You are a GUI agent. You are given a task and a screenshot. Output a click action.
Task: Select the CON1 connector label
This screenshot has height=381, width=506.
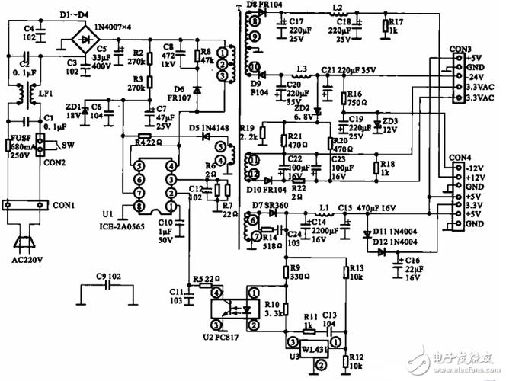63,205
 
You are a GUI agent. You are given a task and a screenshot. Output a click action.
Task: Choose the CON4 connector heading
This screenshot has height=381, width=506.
460,158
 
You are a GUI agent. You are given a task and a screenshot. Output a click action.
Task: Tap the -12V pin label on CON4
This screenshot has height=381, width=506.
475,168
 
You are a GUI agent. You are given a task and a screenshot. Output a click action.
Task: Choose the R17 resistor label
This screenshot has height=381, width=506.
396,24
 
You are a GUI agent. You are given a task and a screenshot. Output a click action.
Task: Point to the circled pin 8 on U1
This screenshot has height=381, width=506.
138,206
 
